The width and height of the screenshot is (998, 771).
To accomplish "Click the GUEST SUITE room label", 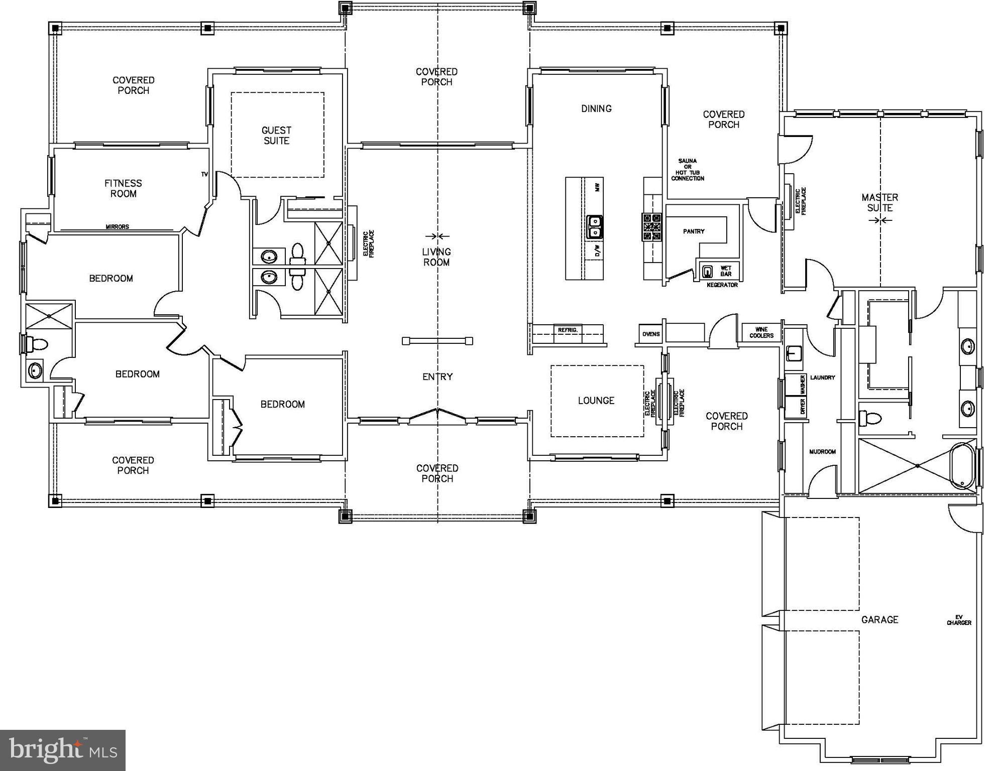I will click(276, 136).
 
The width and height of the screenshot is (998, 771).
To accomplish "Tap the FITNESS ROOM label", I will click(123, 188).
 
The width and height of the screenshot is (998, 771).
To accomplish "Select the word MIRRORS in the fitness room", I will click(117, 227).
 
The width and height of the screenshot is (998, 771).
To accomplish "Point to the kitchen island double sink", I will click(595, 226).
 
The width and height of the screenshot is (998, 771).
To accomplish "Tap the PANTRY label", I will click(694, 231).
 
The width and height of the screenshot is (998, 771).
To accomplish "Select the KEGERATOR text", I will click(722, 285).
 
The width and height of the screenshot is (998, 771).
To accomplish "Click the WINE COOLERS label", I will click(761, 333).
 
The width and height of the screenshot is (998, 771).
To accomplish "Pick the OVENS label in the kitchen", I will click(651, 334).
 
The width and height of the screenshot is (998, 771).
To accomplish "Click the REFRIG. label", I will click(568, 330).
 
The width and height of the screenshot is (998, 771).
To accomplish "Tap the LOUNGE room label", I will click(596, 401).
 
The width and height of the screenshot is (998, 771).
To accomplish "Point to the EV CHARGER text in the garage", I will click(959, 620).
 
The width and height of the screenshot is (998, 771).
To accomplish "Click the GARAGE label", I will click(879, 620).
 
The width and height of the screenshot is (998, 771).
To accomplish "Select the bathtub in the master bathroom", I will click(963, 465).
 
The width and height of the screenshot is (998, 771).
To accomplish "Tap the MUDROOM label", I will click(822, 452).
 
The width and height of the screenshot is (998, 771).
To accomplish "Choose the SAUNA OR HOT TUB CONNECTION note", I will click(688, 170).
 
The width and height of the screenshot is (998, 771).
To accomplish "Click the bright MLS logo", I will click(63, 750).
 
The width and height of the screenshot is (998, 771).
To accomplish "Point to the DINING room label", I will click(596, 108).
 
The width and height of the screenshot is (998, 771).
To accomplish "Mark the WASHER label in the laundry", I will click(802, 384).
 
